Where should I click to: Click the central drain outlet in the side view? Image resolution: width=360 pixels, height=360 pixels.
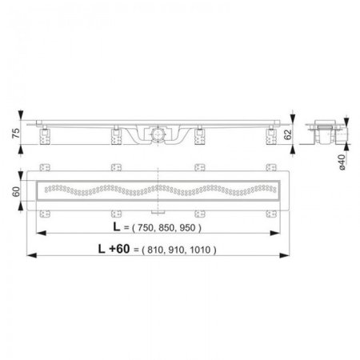(x=158, y=134)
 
